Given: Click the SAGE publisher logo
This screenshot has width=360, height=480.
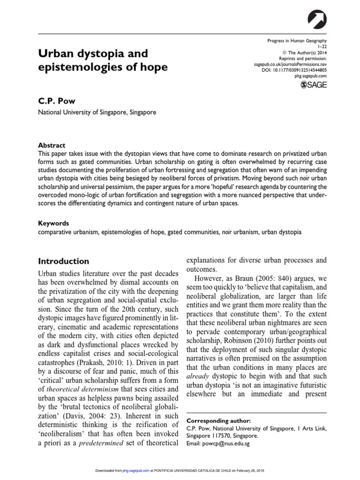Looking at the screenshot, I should (x=314, y=84).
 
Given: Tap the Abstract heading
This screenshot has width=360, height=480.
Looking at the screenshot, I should (x=52, y=145).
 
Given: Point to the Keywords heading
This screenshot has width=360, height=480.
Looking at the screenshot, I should (x=53, y=224).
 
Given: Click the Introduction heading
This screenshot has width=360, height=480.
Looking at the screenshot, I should (x=63, y=261).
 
